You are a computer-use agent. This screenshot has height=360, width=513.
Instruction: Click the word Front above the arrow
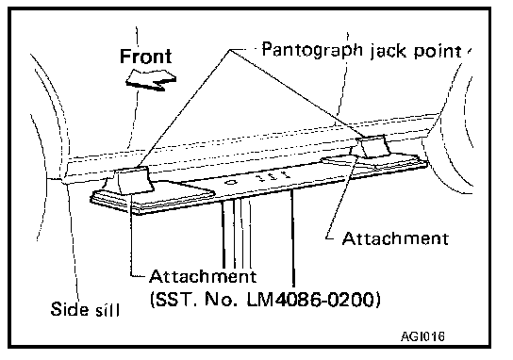145,57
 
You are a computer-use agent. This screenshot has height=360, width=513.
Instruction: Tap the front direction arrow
151,79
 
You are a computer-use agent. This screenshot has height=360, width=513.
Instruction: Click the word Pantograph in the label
313,51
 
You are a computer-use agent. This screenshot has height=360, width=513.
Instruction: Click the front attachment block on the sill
134,180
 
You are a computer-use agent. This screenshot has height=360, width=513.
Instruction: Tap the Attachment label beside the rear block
395,238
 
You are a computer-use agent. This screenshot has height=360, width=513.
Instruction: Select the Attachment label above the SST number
203,277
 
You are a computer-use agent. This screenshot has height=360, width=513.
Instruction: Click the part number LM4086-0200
313,299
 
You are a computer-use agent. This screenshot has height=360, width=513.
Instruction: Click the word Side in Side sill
70,309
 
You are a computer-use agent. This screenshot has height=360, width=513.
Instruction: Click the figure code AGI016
422,336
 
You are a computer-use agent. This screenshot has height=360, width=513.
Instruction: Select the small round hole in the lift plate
230,182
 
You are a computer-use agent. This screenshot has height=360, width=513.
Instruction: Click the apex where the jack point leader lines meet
230,50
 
